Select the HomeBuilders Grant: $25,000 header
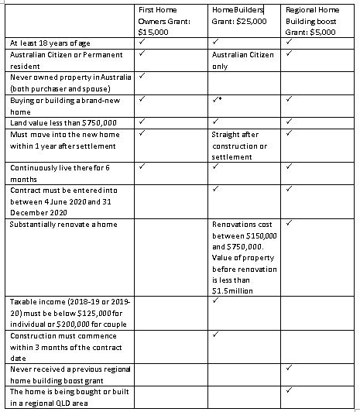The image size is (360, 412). click(239, 15)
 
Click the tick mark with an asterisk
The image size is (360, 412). click(218, 100)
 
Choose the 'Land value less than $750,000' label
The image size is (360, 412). click(62, 122)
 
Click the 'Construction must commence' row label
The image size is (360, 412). click(59, 345)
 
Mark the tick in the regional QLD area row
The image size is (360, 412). click(289, 392)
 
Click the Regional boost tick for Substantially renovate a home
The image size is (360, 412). click(289, 224)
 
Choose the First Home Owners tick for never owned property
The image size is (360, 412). click(143, 77)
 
